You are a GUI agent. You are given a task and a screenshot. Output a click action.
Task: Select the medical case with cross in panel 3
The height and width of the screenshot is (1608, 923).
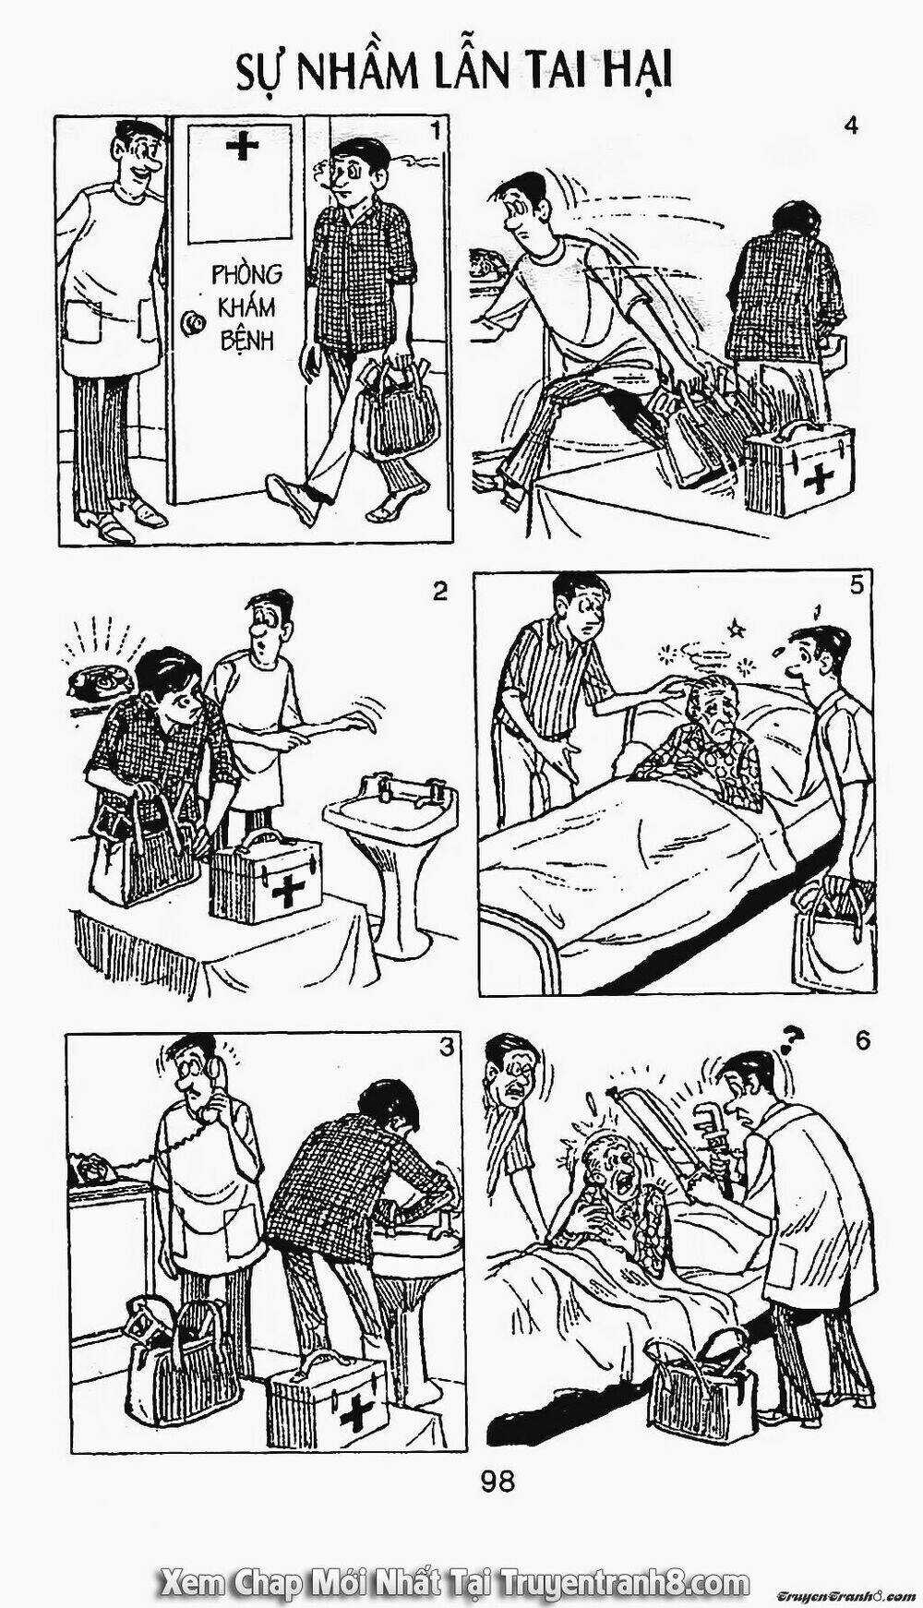coord(328,1403)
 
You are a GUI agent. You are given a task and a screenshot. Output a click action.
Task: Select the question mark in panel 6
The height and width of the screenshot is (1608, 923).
coord(787,1042)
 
